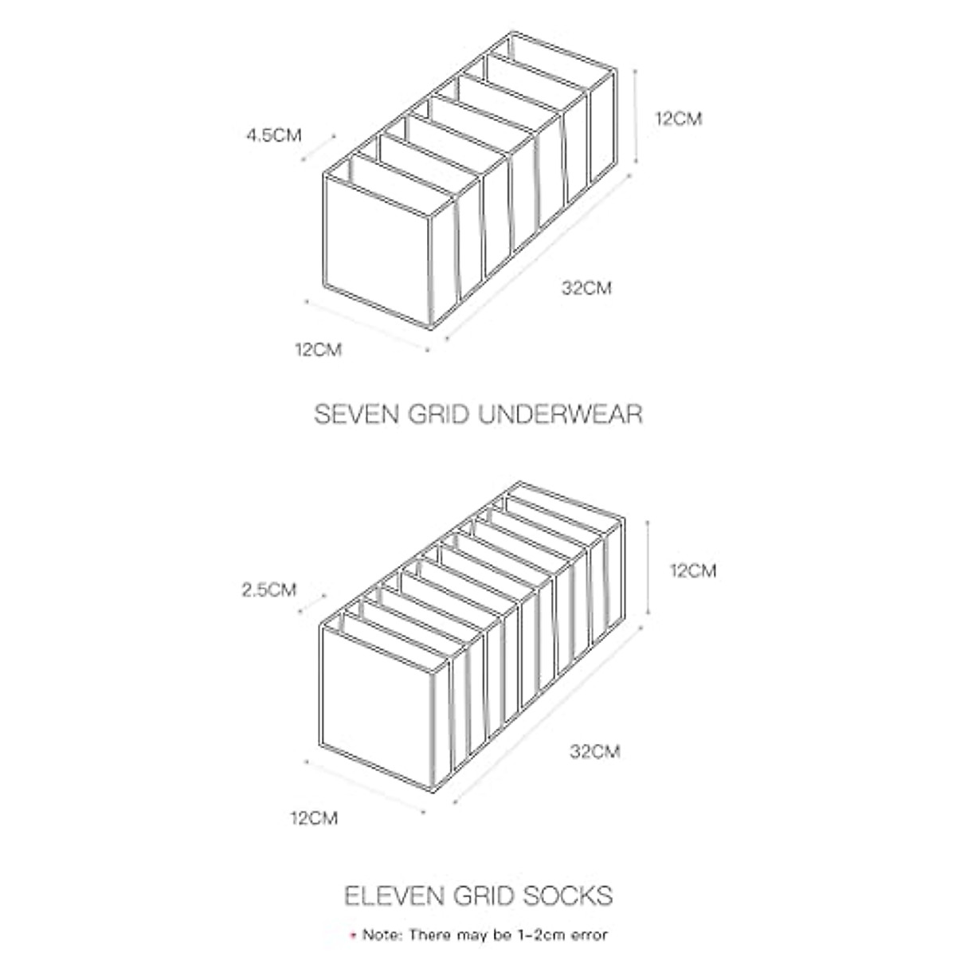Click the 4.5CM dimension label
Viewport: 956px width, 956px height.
tap(273, 135)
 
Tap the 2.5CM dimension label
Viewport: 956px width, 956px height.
tap(268, 590)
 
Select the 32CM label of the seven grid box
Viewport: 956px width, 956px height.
tap(586, 288)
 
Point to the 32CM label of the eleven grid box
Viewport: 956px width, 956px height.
tap(595, 750)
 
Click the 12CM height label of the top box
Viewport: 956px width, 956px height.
tap(679, 119)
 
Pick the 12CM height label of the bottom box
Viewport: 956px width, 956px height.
tap(692, 570)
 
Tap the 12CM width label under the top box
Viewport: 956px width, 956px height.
tap(318, 349)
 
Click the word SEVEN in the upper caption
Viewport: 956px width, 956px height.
tap(353, 415)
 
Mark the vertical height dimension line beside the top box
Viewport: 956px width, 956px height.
tap(635, 114)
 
